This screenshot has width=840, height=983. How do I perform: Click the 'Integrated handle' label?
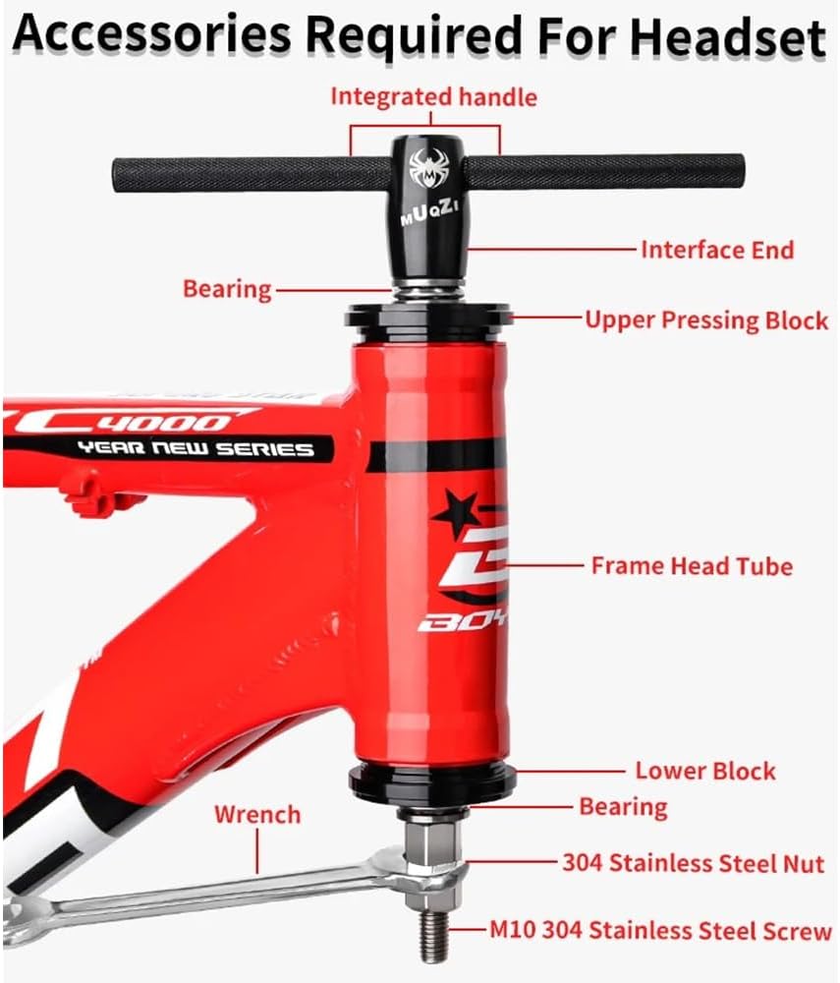(x=433, y=97)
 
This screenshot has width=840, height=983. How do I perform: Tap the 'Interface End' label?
(x=716, y=250)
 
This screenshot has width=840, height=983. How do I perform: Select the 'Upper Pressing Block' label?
(x=706, y=320)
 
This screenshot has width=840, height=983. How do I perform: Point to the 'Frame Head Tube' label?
(x=692, y=566)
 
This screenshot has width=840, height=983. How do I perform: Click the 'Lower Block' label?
(x=705, y=771)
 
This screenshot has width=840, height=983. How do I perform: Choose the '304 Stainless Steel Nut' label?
(x=693, y=863)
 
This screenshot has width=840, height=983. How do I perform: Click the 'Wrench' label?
(x=257, y=815)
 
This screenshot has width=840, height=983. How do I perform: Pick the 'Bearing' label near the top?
(x=227, y=289)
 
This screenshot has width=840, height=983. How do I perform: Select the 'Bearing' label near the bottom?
(x=623, y=807)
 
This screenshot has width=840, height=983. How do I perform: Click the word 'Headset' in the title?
(x=728, y=35)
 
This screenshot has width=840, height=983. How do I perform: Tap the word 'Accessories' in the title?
(x=152, y=33)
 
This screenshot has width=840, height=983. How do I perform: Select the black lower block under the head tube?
(x=431, y=781)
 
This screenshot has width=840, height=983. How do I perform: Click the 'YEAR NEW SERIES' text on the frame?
(x=196, y=449)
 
